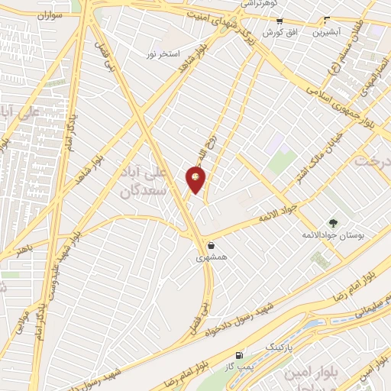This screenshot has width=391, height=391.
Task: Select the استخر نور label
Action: pyautogui.click(x=165, y=55)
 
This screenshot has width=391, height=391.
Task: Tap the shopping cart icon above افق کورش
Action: pyautogui.click(x=280, y=21)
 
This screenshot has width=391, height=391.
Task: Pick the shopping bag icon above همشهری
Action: pyautogui.click(x=211, y=246)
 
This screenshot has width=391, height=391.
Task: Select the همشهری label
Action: pyautogui.click(x=212, y=258)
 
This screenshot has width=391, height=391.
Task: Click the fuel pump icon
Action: pyautogui.click(x=241, y=355)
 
